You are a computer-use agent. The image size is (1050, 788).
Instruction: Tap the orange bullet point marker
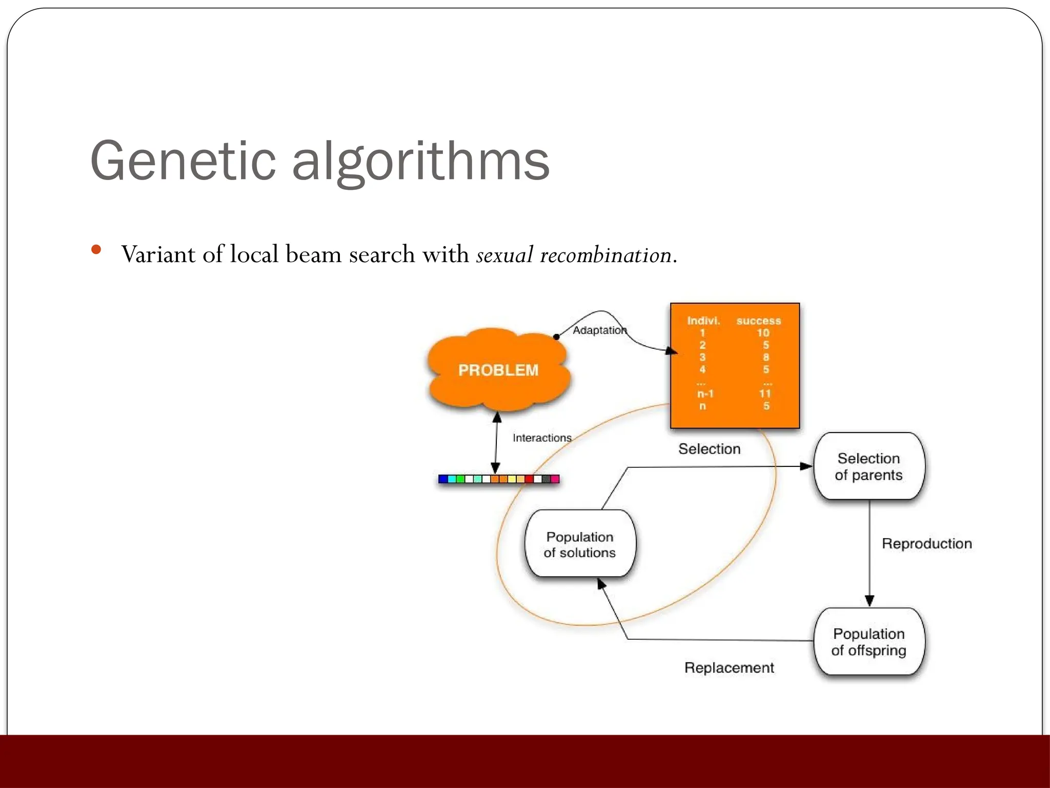[96, 250]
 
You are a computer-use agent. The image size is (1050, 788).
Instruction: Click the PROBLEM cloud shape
[498, 370]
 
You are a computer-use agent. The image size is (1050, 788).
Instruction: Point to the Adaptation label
[599, 330]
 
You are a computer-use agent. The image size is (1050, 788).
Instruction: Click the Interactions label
[542, 438]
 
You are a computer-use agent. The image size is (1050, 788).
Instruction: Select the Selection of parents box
[869, 466]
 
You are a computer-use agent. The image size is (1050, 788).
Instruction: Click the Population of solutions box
[580, 544]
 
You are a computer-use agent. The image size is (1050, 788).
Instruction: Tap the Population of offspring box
[869, 642]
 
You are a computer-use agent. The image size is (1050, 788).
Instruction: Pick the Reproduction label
[926, 544]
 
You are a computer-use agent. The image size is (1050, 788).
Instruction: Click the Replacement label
[729, 667]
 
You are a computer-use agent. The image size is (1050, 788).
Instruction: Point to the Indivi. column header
[703, 321]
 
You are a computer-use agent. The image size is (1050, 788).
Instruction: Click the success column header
[759, 321]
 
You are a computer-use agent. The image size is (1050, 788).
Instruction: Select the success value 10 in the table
[763, 333]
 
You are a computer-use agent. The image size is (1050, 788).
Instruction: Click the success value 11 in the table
[765, 393]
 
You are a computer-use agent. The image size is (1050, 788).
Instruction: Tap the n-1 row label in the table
[705, 393]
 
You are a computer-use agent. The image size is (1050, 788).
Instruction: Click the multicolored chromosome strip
[498, 479]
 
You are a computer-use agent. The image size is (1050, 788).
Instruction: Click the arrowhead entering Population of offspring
[870, 601]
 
